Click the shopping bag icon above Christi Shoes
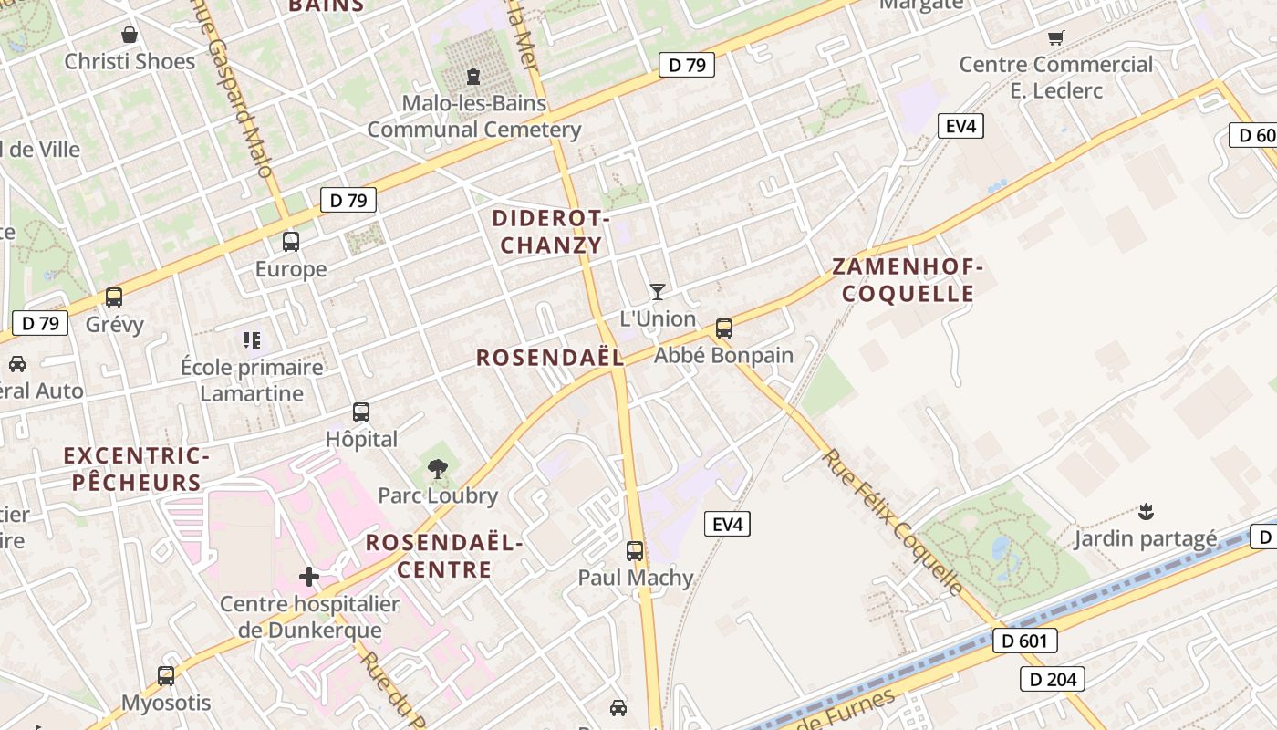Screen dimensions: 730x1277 click(x=130, y=35)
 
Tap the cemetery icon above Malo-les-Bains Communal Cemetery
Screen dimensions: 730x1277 click(x=473, y=76)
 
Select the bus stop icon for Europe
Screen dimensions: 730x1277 click(x=291, y=242)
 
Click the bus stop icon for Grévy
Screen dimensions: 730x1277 click(x=114, y=297)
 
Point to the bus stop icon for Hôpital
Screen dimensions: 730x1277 click(x=361, y=412)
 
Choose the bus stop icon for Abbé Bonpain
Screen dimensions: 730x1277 click(x=724, y=328)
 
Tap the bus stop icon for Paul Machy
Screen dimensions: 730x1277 click(x=635, y=551)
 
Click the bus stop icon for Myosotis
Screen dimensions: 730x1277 click(x=166, y=676)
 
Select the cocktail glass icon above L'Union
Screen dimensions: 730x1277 click(x=657, y=292)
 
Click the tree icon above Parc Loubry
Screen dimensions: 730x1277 click(x=438, y=469)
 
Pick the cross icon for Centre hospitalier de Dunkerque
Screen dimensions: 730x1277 click(x=309, y=577)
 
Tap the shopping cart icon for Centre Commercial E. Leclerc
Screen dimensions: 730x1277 click(x=1056, y=37)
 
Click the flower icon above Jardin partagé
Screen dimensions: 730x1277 click(x=1146, y=511)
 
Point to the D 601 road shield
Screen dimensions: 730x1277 click(x=1024, y=641)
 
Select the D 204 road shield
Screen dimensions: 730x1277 click(x=1052, y=679)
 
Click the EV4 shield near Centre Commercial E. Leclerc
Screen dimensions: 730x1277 click(x=960, y=126)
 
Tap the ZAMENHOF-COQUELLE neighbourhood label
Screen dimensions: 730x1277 click(x=908, y=280)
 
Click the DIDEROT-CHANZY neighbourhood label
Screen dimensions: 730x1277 click(x=551, y=232)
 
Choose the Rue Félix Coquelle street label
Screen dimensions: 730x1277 click(x=894, y=522)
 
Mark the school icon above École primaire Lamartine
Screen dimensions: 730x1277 click(x=252, y=340)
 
